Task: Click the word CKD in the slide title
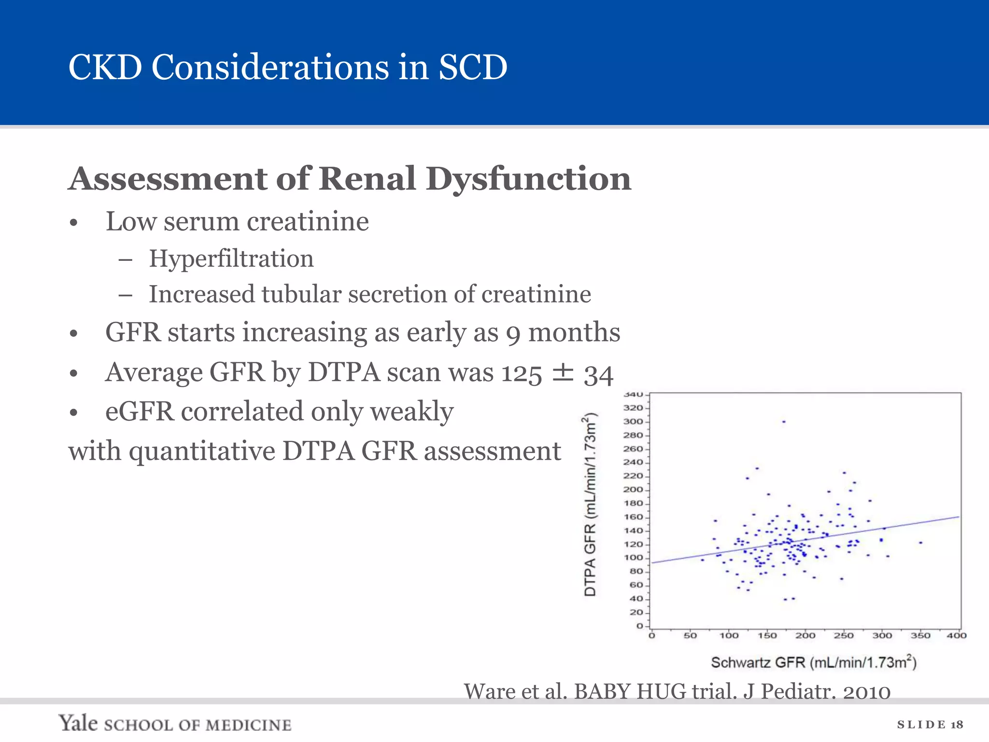(x=105, y=67)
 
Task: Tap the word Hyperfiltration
(x=231, y=258)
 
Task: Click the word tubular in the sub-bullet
(x=301, y=294)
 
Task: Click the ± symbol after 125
(x=563, y=373)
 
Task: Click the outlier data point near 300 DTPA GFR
(x=784, y=422)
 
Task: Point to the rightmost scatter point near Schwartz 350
(x=920, y=542)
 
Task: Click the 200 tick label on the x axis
(x=805, y=635)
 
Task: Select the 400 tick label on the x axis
(x=956, y=635)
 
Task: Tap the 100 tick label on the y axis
(x=633, y=557)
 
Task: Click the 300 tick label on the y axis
(x=633, y=421)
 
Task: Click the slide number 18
(x=957, y=725)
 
